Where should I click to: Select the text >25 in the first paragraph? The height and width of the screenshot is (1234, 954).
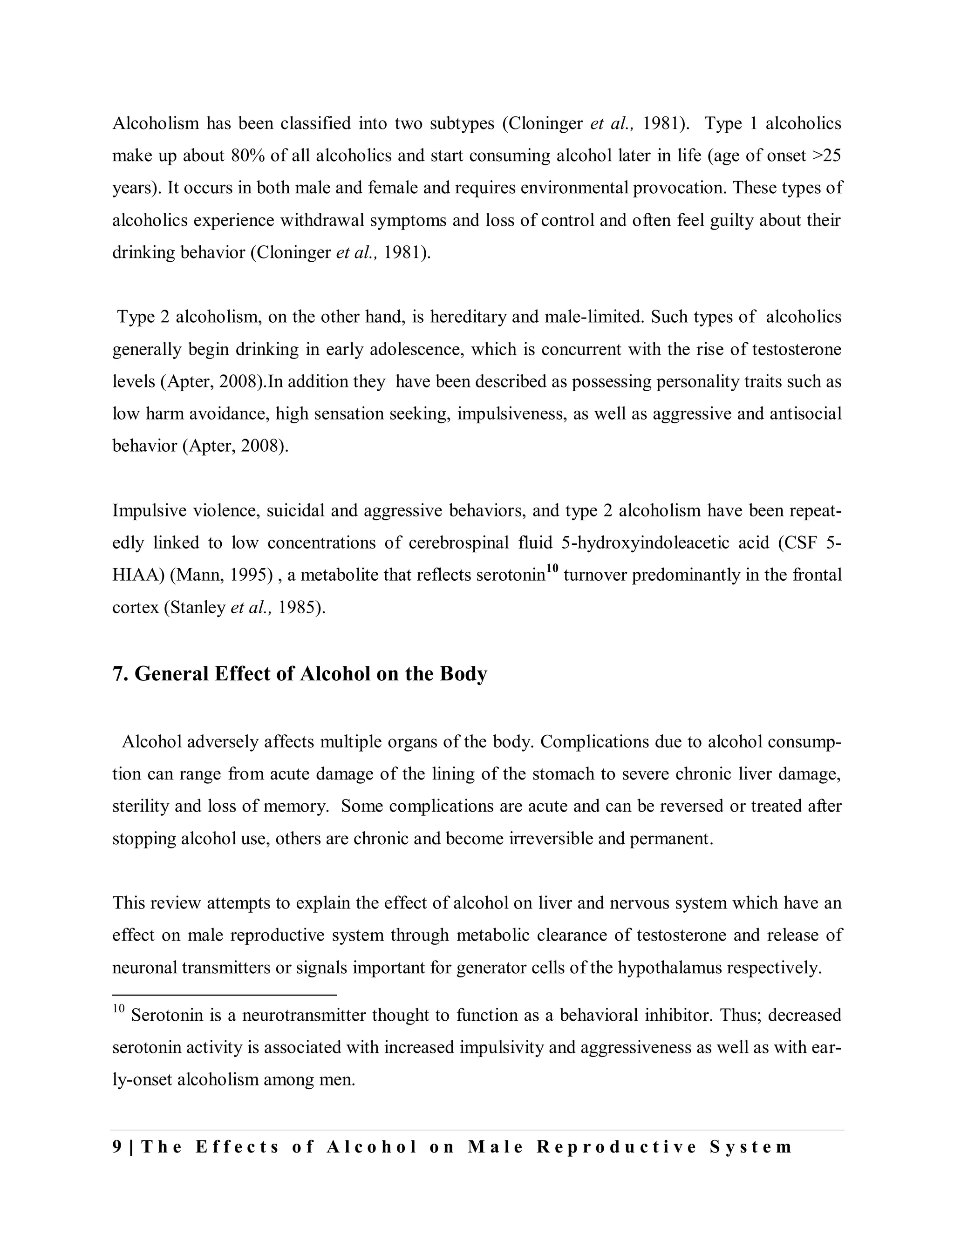click(826, 156)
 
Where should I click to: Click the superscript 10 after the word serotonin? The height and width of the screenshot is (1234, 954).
click(552, 569)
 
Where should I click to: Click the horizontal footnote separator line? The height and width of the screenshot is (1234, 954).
click(225, 994)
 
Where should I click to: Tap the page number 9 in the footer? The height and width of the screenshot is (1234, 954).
click(117, 1147)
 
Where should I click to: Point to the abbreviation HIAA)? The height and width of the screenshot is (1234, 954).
click(138, 575)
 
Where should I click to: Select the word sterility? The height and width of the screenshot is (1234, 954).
click(141, 806)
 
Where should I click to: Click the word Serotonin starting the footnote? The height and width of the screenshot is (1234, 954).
click(167, 1015)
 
